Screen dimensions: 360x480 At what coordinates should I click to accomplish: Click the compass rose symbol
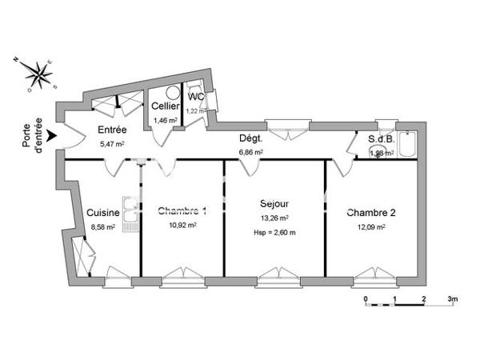(37, 74)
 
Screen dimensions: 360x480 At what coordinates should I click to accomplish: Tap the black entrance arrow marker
(52, 137)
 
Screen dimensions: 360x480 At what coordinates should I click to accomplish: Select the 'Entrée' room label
(112, 130)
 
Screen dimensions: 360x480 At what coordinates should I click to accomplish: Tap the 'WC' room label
(196, 97)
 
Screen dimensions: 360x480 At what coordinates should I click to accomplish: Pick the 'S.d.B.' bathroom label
(381, 139)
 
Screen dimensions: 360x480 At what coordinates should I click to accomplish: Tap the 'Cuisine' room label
(104, 213)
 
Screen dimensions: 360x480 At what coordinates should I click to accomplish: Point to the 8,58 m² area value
(104, 227)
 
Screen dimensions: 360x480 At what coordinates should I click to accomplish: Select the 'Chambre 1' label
(182, 211)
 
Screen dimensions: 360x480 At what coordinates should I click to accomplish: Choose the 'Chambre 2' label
(371, 213)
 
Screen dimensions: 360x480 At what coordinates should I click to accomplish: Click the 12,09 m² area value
(372, 226)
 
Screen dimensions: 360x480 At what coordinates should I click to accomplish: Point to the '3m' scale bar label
(452, 300)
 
